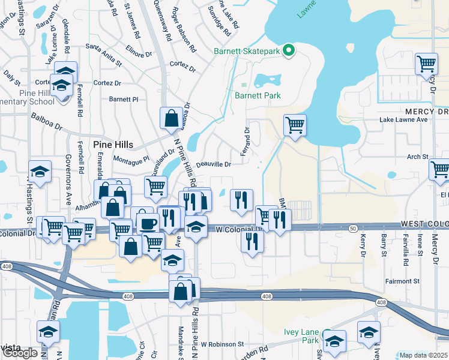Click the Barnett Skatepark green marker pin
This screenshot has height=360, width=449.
pyautogui.click(x=288, y=50)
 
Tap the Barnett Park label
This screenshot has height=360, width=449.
pyautogui.click(x=258, y=95)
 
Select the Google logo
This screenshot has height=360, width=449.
pyautogui.click(x=20, y=353)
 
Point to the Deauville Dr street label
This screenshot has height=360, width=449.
pyautogui.click(x=213, y=164)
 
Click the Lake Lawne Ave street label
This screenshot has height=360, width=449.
pyautogui.click(x=403, y=119)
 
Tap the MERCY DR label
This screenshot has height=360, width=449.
pyautogui.click(x=426, y=112)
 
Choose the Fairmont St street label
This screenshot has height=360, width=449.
pyautogui.click(x=402, y=281)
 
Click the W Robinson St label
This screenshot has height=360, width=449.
pyautogui.click(x=222, y=344)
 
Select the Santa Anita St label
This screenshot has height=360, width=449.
pyautogui.click(x=104, y=46)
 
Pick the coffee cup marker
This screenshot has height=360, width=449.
pyautogui.click(x=148, y=223)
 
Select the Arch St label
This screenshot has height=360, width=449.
pyautogui.click(x=417, y=157)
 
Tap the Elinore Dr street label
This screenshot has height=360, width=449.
pyautogui.click(x=139, y=53)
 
